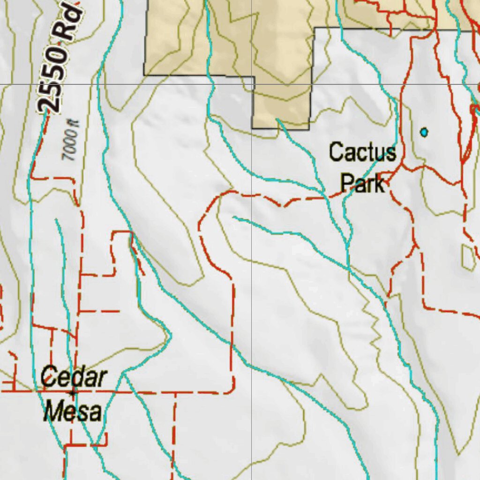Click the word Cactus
pos(362,153)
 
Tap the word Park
pos(362,183)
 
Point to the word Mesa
pos(73,411)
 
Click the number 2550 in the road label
pos(52,77)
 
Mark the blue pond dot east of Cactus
pos(424,133)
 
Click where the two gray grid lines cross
pos(253,84)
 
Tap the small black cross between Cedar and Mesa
pos(72,392)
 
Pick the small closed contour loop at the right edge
pos(468,256)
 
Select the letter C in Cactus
pos(335,153)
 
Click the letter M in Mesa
pos(53,411)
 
